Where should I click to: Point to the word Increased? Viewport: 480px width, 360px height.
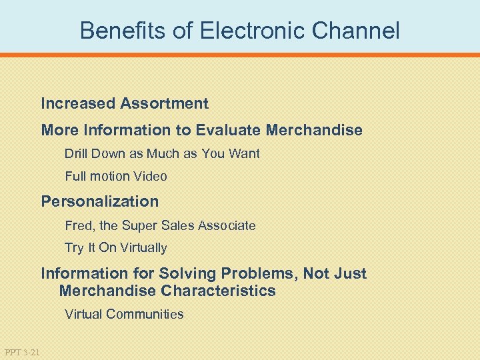click(78, 104)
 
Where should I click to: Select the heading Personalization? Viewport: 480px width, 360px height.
click(100, 201)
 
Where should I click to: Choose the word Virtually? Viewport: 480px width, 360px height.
click(142, 248)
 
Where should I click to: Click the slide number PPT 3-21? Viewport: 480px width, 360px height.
click(21, 351)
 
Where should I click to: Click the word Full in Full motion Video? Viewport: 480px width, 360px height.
click(75, 177)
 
